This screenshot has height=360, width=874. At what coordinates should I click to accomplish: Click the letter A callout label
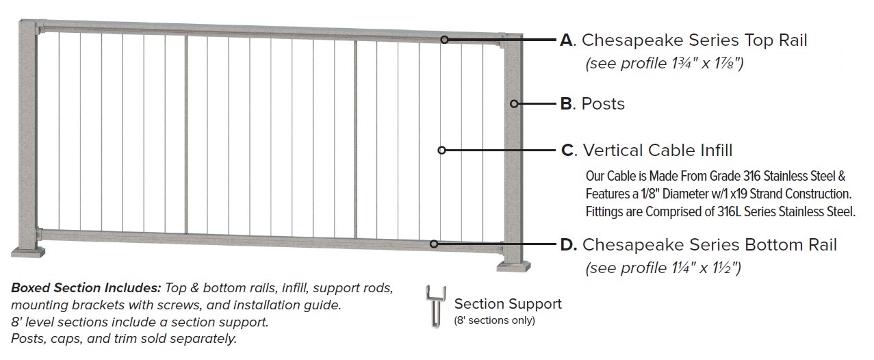tap(566, 40)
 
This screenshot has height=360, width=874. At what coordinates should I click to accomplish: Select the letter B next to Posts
tap(566, 104)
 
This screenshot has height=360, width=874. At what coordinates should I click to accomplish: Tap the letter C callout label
tap(567, 150)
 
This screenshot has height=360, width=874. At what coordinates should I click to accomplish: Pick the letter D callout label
tap(567, 244)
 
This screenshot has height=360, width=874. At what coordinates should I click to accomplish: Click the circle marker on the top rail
tap(444, 40)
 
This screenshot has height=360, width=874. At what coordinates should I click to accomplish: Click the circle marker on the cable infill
tap(441, 150)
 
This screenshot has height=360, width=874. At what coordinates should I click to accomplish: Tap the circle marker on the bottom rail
tap(434, 244)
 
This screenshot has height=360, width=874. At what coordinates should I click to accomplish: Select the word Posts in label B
tap(603, 104)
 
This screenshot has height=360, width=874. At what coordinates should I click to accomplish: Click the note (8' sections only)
tap(494, 320)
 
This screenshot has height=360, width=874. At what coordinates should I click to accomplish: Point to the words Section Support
tap(508, 304)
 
